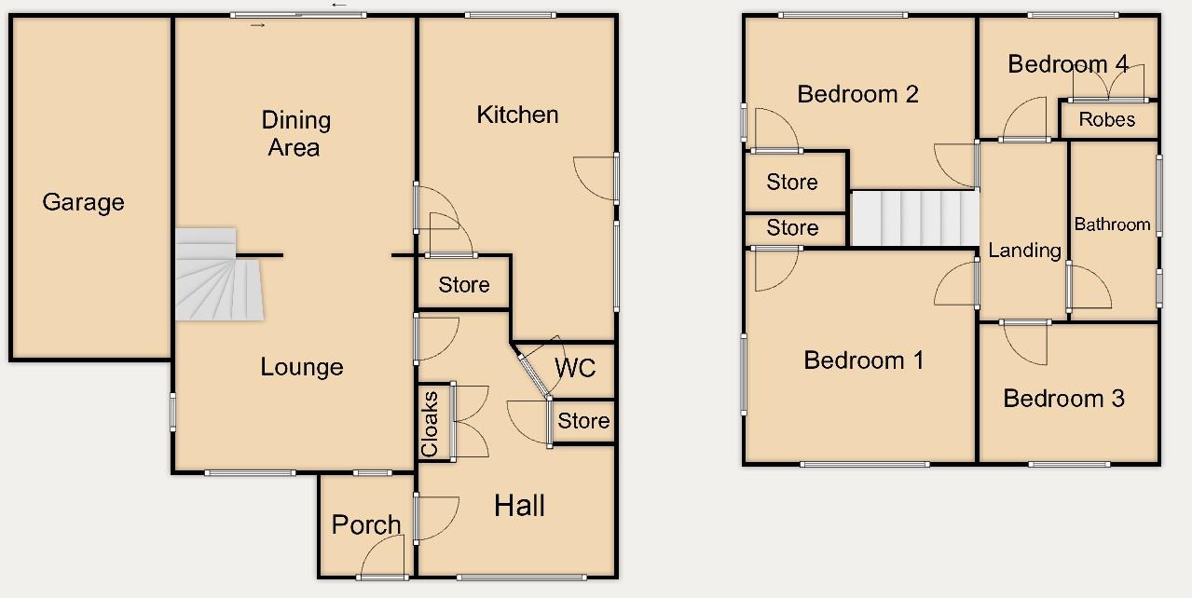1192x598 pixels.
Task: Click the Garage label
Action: [83, 202]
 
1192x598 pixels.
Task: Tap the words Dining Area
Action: [295, 133]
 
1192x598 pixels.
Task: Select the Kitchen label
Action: [517, 115]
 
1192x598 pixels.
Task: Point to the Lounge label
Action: [301, 367]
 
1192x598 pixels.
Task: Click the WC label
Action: [574, 368]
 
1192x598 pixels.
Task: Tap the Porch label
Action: [366, 525]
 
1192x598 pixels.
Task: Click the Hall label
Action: [519, 506]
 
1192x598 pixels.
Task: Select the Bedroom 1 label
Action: [864, 360]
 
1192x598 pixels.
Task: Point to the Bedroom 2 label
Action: [858, 93]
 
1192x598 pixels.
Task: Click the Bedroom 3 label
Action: [1063, 399]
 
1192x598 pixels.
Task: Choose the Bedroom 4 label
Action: [1068, 64]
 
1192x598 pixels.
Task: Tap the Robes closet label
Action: [1107, 119]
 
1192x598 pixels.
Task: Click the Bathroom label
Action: [1112, 224]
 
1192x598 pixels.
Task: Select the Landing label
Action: [1024, 250]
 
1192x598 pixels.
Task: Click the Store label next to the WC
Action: [583, 421]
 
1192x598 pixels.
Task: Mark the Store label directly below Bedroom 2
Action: [792, 182]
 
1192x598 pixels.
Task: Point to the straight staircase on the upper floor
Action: [914, 218]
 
